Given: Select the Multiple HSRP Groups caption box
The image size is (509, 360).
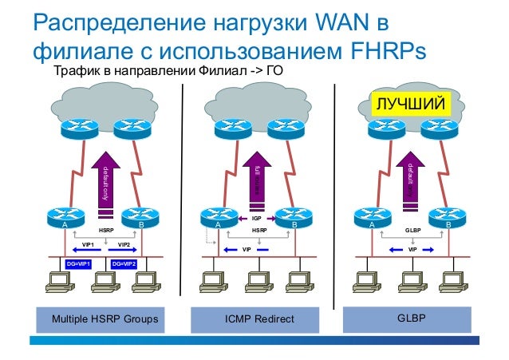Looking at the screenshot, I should [x=105, y=320].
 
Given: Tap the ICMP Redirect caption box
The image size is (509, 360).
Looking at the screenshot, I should [x=258, y=320].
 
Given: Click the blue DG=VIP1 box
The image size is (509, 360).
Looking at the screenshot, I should [x=78, y=263].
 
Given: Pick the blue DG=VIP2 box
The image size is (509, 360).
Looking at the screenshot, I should [x=124, y=263].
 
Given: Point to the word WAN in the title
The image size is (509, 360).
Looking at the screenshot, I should [x=341, y=22].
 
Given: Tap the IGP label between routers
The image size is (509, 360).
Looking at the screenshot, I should [x=257, y=217].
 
